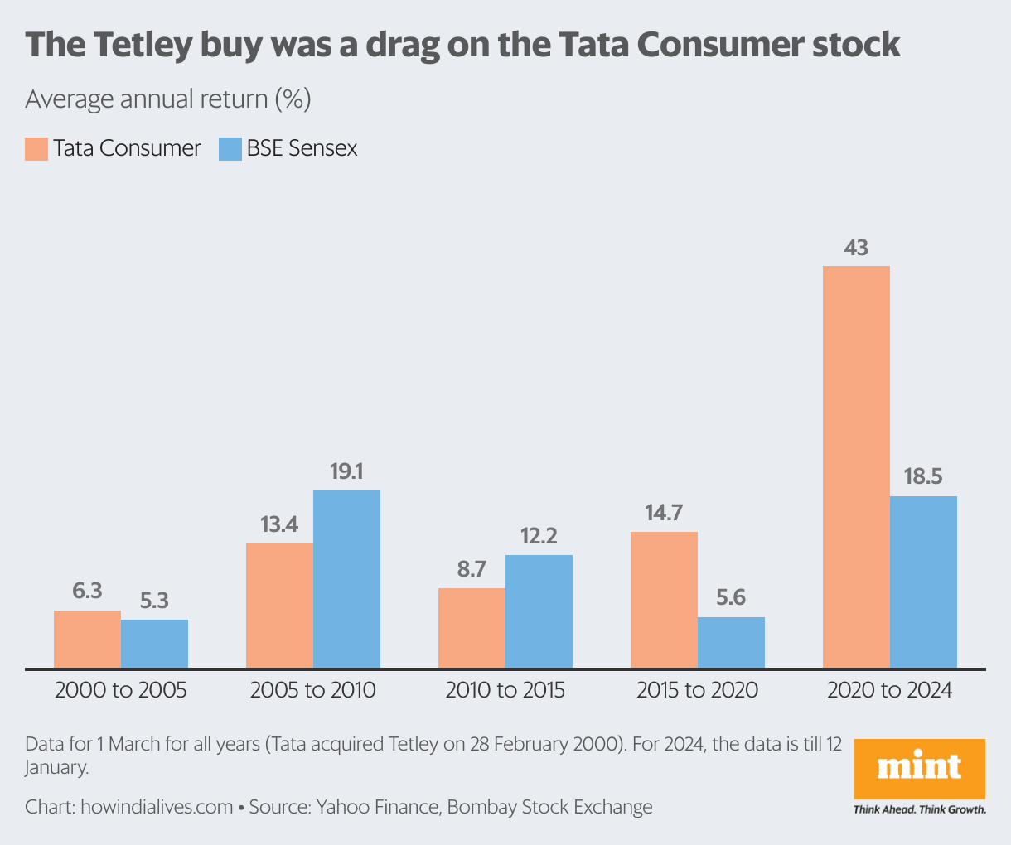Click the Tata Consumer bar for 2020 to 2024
pyautogui.click(x=856, y=466)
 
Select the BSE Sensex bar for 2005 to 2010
pyautogui.click(x=346, y=579)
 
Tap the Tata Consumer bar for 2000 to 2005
pyautogui.click(x=87, y=639)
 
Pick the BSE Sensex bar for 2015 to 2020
pyautogui.click(x=731, y=642)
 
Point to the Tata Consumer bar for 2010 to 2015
pyautogui.click(x=472, y=627)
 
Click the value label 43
pyautogui.click(x=856, y=248)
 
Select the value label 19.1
pyautogui.click(x=346, y=472)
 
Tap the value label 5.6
pyautogui.click(x=731, y=598)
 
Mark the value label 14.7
pyautogui.click(x=664, y=513)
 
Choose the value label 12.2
pyautogui.click(x=539, y=537)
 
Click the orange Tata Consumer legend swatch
pyautogui.click(x=36, y=149)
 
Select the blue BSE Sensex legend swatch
pyautogui.click(x=230, y=149)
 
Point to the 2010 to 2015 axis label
pyautogui.click(x=505, y=690)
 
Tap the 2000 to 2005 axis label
pyautogui.click(x=121, y=690)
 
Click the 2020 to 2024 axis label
pyautogui.click(x=889, y=690)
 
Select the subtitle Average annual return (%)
pyautogui.click(x=168, y=99)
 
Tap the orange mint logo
pyautogui.click(x=919, y=768)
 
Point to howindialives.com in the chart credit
pyautogui.click(x=157, y=807)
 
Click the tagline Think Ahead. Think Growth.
pyautogui.click(x=919, y=809)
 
